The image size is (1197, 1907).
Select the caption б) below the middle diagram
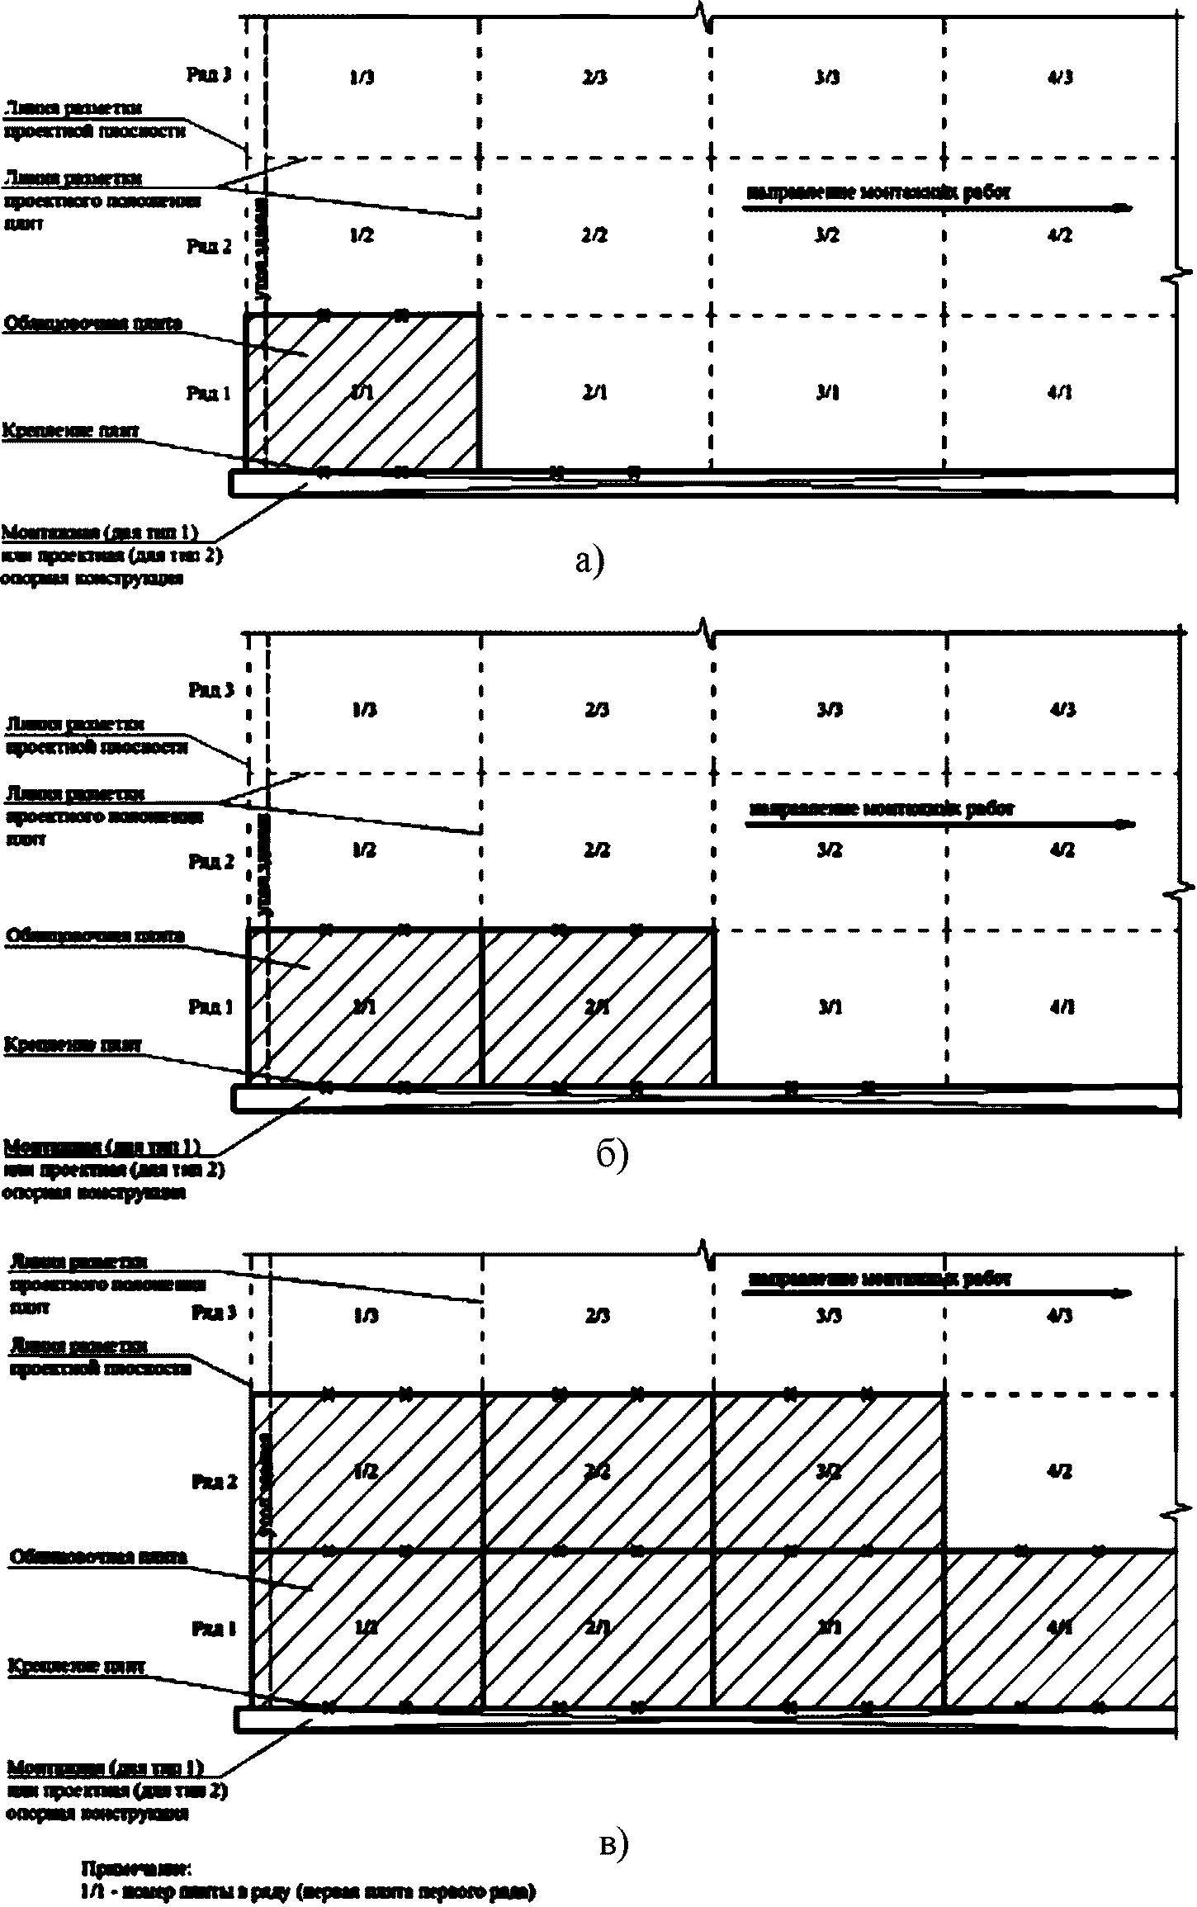[x=613, y=1156]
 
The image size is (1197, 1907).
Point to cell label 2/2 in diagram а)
[x=594, y=235]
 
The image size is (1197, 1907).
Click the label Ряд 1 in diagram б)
[x=211, y=1007]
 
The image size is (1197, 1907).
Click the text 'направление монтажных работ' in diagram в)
[x=879, y=1279]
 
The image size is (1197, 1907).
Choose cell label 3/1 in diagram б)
[x=829, y=1007]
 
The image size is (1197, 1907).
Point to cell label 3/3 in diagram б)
[x=828, y=710]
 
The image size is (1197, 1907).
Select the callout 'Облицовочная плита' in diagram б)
[x=95, y=936]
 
